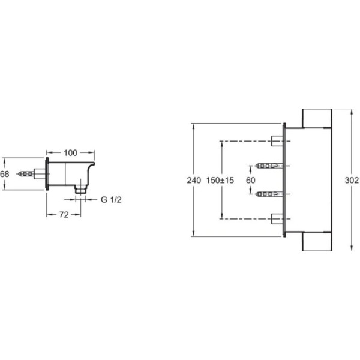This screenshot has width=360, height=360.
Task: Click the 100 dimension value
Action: point(70,153)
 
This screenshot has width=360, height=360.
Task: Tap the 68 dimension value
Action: point(5,174)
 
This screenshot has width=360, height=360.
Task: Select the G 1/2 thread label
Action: point(111,200)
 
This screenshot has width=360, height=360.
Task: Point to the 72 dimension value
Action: point(64,215)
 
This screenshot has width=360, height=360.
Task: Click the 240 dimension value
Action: point(194,180)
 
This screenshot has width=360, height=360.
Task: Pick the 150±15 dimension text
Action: point(220,180)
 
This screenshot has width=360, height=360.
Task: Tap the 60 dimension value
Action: point(250,180)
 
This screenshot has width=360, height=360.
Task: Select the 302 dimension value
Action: point(352,180)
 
